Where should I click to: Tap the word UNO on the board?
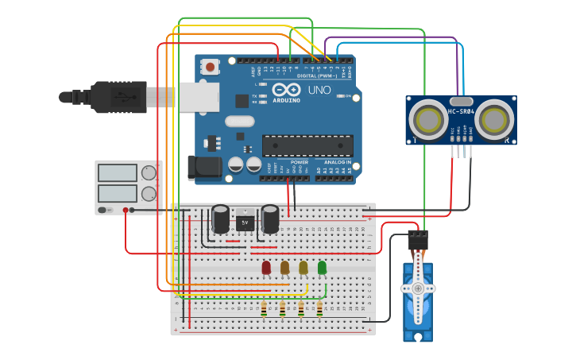319,91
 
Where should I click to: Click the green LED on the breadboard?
322,268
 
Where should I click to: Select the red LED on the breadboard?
266,268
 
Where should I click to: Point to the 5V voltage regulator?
245,223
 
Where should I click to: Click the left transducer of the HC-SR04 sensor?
430,120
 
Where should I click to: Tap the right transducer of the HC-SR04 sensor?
496,120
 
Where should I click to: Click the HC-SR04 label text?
461,111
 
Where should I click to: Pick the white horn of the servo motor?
418,288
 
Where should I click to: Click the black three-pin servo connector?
418,238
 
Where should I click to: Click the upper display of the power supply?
117,172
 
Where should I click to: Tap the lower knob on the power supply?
149,193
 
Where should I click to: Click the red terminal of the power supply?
126,211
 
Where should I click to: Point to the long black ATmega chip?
307,145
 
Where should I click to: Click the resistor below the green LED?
319,308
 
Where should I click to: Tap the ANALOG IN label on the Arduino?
337,161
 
